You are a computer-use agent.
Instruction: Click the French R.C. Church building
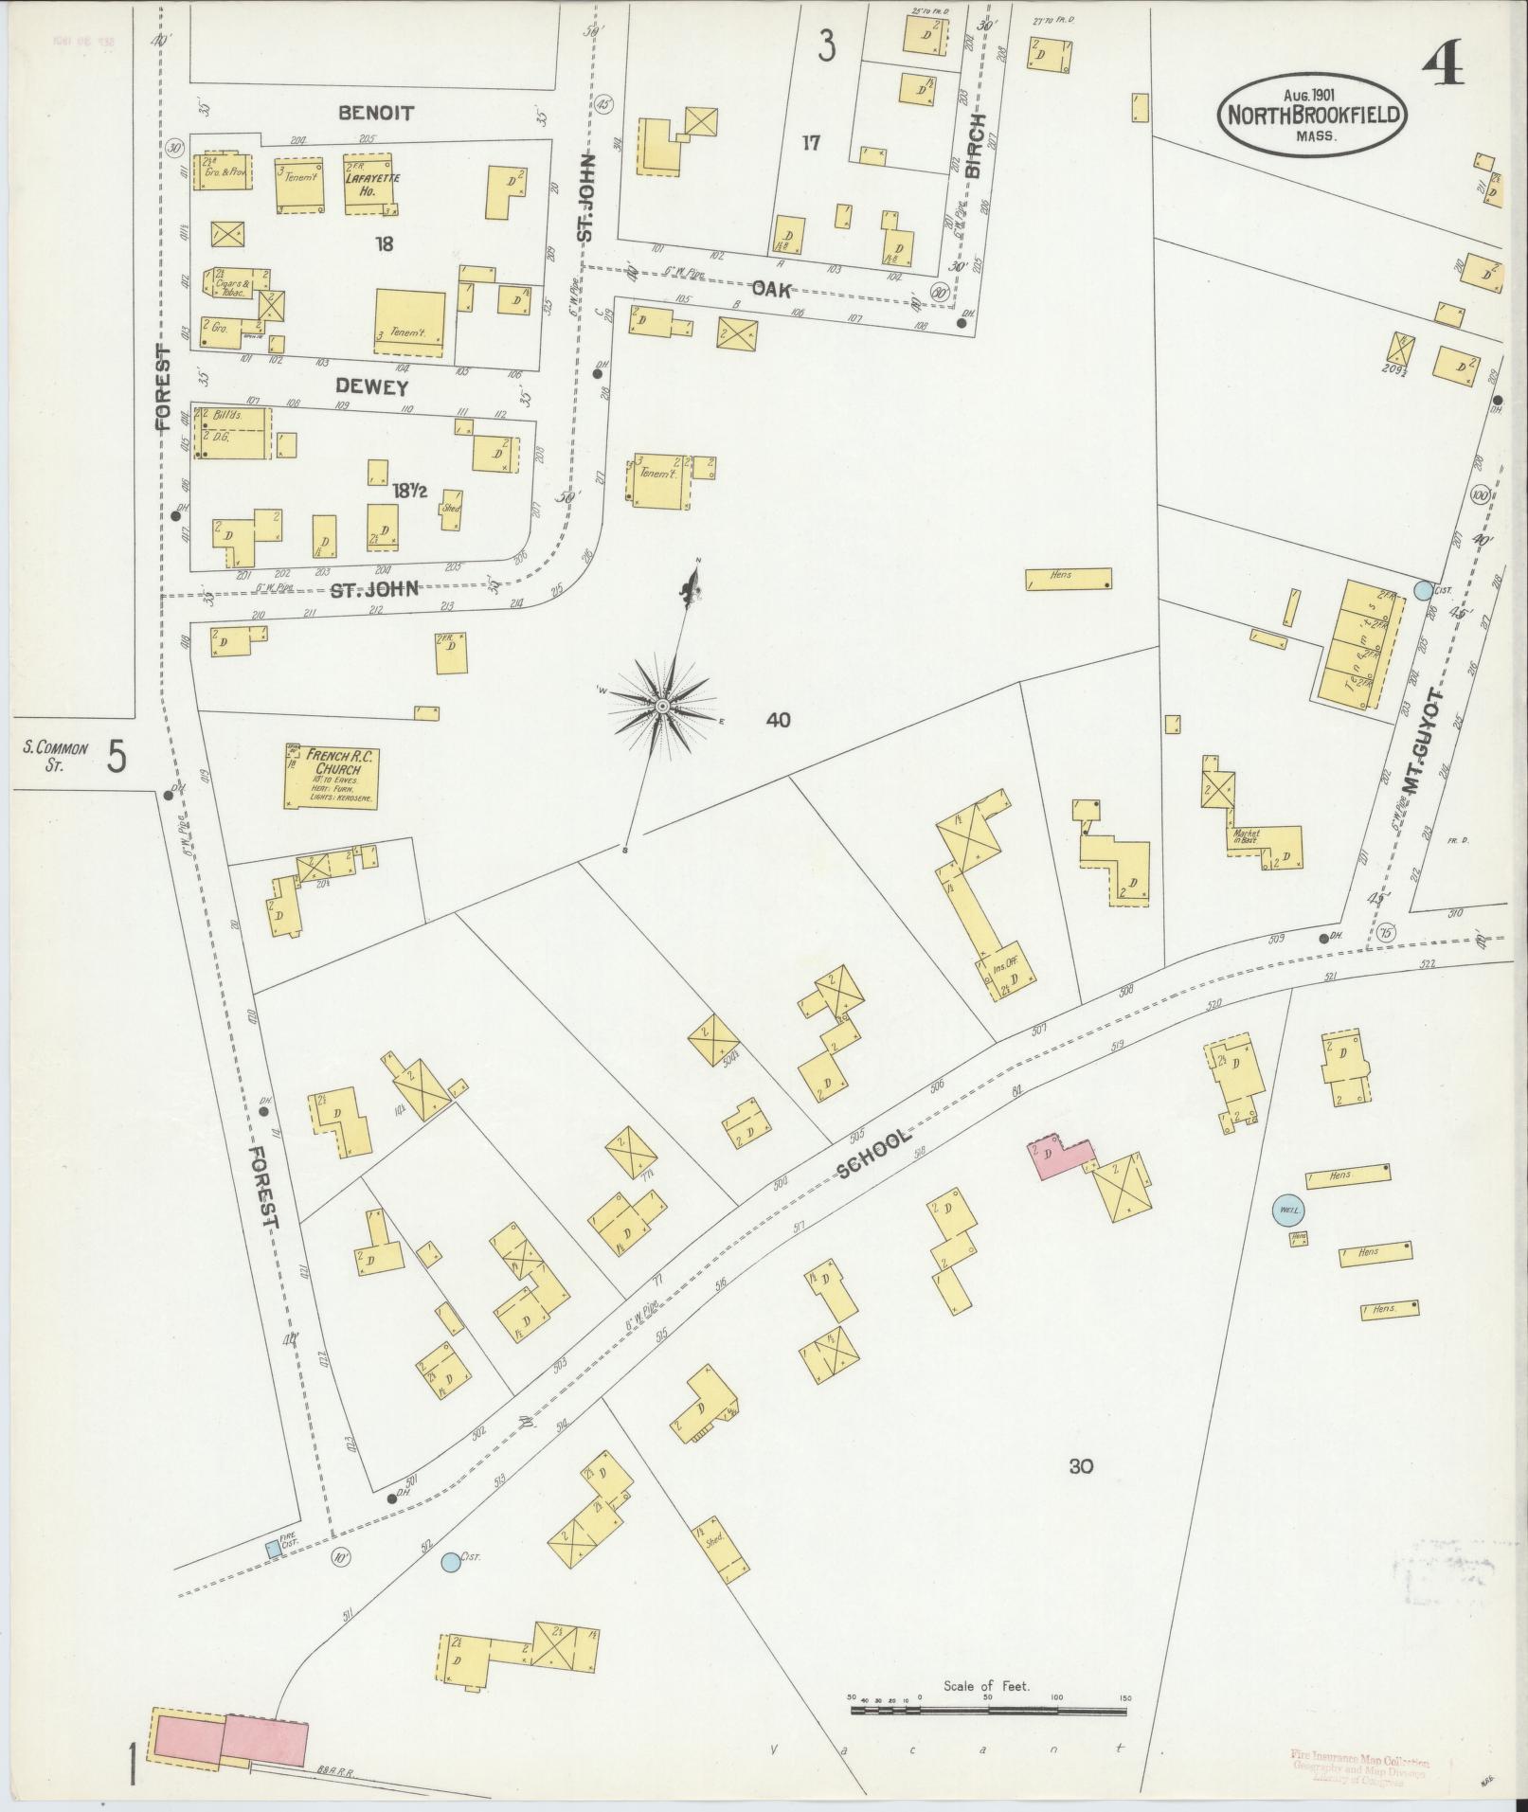click(x=332, y=776)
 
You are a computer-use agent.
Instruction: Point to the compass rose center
click(x=663, y=707)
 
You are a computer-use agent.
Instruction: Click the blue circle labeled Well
click(x=1287, y=1210)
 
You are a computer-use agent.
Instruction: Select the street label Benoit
click(x=375, y=113)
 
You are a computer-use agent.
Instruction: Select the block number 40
click(x=778, y=721)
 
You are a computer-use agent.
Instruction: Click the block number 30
click(x=1081, y=1466)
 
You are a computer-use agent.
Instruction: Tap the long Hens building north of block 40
click(x=1068, y=578)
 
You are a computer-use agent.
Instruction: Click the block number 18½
click(x=409, y=492)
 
